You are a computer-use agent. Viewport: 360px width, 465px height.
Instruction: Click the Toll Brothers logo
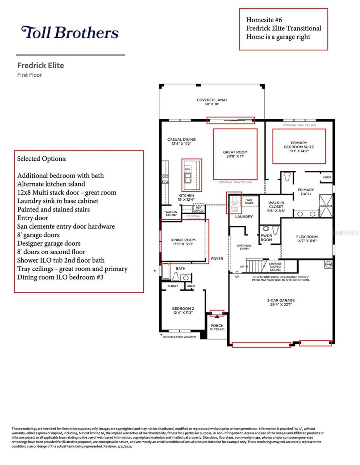[x=70, y=32]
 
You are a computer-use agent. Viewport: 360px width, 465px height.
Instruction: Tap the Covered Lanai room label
[x=211, y=102]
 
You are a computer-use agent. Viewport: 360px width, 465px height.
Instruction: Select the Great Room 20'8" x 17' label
[x=235, y=154]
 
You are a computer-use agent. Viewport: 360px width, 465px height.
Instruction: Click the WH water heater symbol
[x=328, y=264]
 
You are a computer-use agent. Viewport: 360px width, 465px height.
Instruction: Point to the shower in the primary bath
[x=326, y=206]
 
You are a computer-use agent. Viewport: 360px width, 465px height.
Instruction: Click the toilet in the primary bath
[x=287, y=177]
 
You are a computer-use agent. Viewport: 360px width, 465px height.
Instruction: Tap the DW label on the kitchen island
[x=188, y=169]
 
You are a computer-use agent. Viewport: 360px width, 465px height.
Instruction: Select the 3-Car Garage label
[x=281, y=302]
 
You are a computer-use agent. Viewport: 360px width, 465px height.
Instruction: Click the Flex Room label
[x=307, y=239]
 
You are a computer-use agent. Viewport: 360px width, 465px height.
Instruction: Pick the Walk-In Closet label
[x=276, y=206]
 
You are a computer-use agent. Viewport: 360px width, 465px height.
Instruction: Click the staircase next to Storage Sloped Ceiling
[x=255, y=266]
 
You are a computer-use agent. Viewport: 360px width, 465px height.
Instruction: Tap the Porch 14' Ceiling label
[x=217, y=327]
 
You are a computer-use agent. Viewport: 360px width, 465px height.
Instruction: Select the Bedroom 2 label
[x=183, y=310]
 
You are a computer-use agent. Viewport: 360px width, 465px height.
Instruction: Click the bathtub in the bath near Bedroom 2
[x=166, y=271]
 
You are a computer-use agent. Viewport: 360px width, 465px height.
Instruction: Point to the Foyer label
[x=217, y=259]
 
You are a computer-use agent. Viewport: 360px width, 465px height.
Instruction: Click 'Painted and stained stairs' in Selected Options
[x=53, y=209]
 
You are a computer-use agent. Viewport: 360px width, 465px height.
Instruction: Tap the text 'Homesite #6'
[x=264, y=20]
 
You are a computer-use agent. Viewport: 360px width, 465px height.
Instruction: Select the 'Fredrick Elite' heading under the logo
[x=40, y=65]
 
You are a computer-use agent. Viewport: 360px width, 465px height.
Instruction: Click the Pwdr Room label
[x=266, y=238]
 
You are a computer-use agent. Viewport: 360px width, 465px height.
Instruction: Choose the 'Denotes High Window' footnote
[x=179, y=337]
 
